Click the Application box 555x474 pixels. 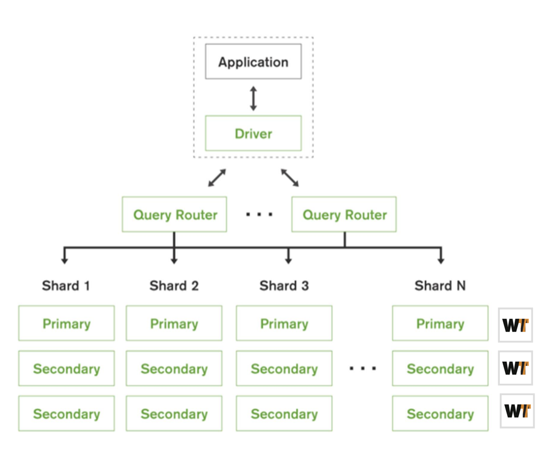click(x=253, y=62)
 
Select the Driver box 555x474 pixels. click(x=253, y=133)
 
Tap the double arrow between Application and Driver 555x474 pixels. click(x=253, y=98)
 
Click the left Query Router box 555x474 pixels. click(x=174, y=215)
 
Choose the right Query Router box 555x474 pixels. click(x=344, y=215)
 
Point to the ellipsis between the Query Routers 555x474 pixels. click(x=259, y=214)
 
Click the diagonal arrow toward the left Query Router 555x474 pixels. click(x=217, y=177)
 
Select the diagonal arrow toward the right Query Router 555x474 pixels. click(x=289, y=177)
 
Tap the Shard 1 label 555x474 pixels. click(x=66, y=286)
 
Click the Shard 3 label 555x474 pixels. click(x=284, y=286)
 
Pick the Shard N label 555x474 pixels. click(x=440, y=286)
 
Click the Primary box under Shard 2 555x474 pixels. click(x=174, y=324)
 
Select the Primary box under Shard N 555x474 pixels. click(x=440, y=324)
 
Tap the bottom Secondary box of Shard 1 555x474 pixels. click(x=66, y=413)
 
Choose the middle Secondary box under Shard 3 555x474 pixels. click(x=284, y=369)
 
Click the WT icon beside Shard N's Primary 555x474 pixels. click(x=515, y=325)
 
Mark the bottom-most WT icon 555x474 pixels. click(x=517, y=411)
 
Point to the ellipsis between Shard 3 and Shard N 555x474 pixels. click(x=363, y=369)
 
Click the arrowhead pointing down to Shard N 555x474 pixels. click(x=441, y=259)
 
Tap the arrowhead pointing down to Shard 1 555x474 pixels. click(x=65, y=259)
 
